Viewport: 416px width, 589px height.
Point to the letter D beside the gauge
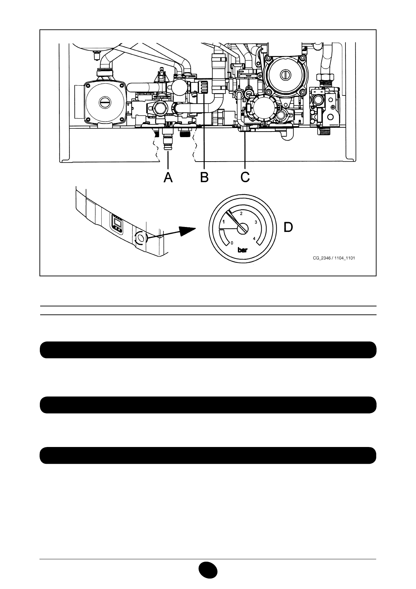click(x=288, y=227)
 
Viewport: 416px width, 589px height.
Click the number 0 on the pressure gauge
click(x=232, y=242)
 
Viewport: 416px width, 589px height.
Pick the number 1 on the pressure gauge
click(x=224, y=221)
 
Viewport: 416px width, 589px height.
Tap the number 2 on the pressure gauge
click(x=241, y=213)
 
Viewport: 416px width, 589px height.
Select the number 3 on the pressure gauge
click(x=256, y=222)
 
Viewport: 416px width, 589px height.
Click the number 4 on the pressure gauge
click(x=254, y=239)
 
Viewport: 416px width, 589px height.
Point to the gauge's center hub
click(x=242, y=228)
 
